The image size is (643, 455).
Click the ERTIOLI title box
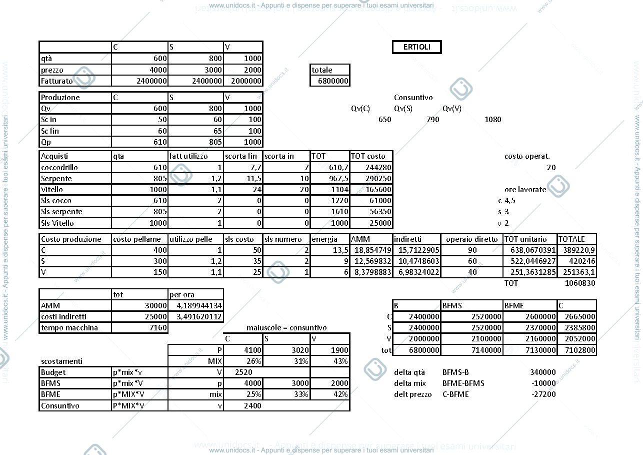[x=417, y=47]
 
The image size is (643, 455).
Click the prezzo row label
[x=52, y=70]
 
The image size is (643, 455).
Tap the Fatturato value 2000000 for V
[x=246, y=81]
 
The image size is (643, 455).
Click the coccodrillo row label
[x=59, y=168]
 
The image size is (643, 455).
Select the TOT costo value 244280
[x=378, y=168]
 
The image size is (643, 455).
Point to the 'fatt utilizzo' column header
[x=188, y=156]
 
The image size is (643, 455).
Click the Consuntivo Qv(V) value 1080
[x=493, y=120]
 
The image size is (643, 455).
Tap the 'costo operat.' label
[x=527, y=156]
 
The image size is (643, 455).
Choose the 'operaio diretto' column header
[x=471, y=239]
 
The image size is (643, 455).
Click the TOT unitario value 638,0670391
[x=533, y=250]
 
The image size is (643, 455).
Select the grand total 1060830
[x=580, y=283]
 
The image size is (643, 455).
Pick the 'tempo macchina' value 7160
[x=158, y=328]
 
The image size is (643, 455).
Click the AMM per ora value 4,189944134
[x=199, y=306]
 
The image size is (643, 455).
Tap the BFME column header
[x=514, y=306]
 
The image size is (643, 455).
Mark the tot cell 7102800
[x=580, y=350]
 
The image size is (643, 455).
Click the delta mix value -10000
[x=543, y=383]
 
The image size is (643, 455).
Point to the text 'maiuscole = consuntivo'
[x=286, y=328]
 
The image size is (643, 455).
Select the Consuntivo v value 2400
[x=252, y=406]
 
